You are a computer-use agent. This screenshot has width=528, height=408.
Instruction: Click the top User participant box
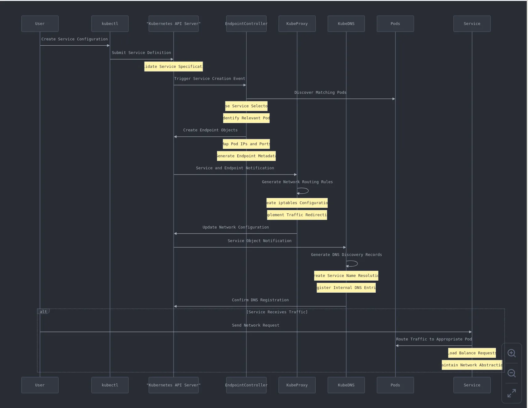point(40,24)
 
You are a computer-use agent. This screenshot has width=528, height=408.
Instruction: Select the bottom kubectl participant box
point(110,385)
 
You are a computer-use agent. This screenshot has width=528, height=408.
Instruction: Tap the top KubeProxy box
point(297,24)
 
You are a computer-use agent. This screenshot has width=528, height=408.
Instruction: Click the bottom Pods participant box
point(395,385)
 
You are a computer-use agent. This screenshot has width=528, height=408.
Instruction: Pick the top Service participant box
point(472,24)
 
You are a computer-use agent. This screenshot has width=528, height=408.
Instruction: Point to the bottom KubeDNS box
point(346,385)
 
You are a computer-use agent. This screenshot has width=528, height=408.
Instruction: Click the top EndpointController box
point(246,24)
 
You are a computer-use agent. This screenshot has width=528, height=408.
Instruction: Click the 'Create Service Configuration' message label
point(75,39)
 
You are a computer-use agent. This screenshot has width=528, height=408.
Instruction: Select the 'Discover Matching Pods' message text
point(320,93)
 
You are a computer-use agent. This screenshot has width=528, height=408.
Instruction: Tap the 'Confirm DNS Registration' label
point(260,300)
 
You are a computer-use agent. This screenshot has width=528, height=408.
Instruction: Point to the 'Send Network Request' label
point(256,325)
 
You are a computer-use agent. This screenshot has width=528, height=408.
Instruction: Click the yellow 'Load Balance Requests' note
point(472,353)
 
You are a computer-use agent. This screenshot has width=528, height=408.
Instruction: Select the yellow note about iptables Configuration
point(297,203)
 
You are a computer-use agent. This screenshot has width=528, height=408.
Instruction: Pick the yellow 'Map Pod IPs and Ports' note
point(246,144)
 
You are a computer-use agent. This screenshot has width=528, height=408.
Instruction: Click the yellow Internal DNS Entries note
point(346,288)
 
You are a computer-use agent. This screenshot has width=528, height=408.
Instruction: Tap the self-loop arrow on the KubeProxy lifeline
point(304,191)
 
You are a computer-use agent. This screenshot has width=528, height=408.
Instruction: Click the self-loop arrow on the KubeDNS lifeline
point(353,264)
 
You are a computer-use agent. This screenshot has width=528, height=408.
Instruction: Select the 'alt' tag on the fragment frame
point(43,311)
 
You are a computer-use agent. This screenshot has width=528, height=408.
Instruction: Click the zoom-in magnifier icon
point(512,353)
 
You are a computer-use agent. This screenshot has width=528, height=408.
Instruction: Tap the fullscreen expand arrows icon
point(512,393)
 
